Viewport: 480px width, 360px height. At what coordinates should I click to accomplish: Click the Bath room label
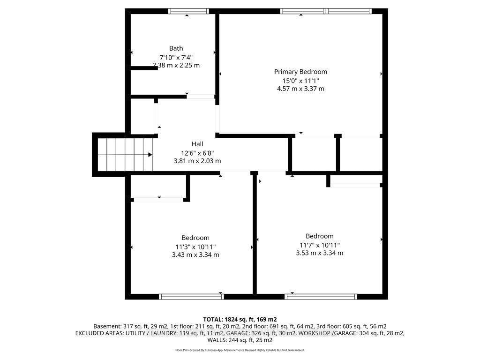point(176,48)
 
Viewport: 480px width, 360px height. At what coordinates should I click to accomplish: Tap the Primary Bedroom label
point(300,72)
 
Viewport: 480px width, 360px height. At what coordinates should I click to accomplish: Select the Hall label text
point(197,144)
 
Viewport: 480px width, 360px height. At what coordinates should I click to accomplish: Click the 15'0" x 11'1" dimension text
point(300,81)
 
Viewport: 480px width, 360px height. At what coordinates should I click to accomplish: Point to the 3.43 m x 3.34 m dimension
point(195,255)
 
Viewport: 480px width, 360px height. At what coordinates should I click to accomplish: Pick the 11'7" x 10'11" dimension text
point(320,245)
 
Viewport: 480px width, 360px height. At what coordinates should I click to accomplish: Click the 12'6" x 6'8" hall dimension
point(197,153)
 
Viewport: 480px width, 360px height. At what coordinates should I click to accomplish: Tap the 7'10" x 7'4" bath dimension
point(176,57)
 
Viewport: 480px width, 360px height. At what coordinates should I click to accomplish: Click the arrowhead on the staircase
point(150,155)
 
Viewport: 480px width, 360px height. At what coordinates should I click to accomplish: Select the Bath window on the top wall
point(188,11)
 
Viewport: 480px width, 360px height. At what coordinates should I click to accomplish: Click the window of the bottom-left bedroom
point(192,296)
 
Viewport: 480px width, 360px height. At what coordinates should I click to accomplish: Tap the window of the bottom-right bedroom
point(321,296)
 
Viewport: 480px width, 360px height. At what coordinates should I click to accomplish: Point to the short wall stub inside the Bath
point(144,68)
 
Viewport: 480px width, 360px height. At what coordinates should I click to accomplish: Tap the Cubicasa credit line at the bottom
point(240,350)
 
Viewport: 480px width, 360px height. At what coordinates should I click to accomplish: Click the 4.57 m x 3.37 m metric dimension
point(300,89)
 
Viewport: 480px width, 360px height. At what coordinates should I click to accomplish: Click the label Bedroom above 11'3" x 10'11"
point(195,238)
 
